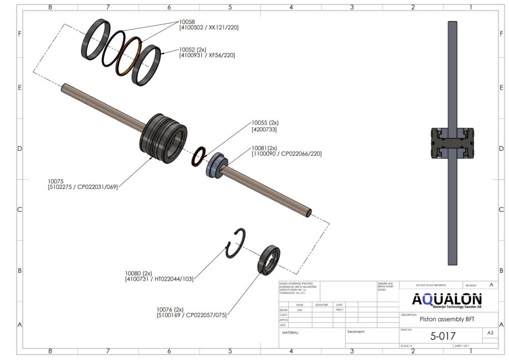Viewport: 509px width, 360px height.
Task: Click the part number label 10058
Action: (x=187, y=22)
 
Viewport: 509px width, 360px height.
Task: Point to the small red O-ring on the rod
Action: (x=199, y=157)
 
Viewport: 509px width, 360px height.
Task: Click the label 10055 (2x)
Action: (x=265, y=123)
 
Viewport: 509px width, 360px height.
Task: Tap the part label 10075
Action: (x=55, y=181)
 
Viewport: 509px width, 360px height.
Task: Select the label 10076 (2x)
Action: (x=170, y=309)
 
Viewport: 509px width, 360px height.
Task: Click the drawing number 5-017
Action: (x=443, y=336)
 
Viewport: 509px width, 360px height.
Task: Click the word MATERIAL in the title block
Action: (x=291, y=333)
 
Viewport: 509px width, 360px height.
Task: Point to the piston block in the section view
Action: (x=452, y=144)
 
